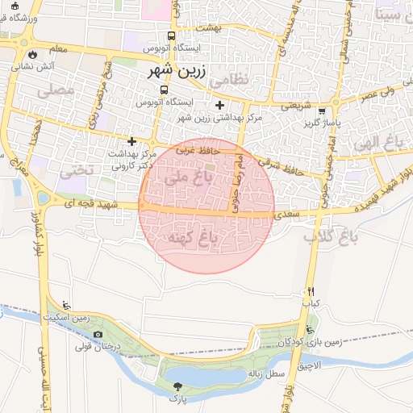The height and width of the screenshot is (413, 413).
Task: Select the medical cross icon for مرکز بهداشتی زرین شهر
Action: [219, 105]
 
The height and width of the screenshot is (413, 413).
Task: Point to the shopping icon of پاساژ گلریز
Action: [322, 111]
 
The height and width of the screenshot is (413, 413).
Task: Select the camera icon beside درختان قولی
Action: [98, 335]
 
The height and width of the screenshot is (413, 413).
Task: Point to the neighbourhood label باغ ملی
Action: [181, 179]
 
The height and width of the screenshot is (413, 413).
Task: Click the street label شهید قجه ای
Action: [94, 205]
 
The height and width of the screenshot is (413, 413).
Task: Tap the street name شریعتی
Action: [294, 105]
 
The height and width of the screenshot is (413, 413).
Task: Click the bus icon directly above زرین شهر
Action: [170, 35]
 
